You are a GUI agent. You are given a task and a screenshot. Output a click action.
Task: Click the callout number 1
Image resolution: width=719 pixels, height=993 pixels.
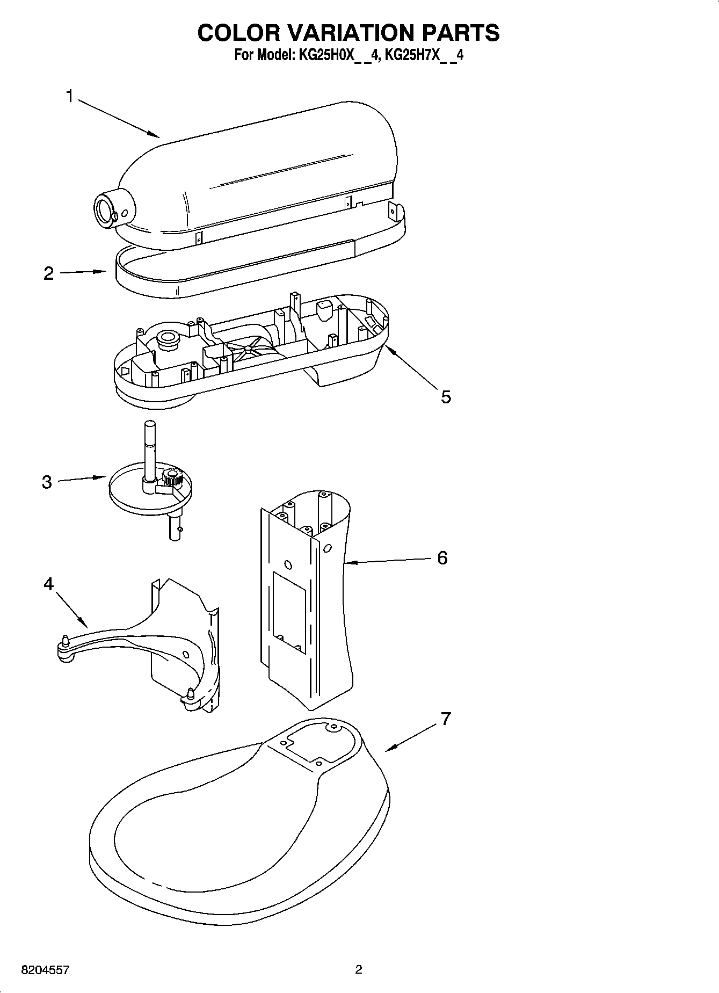tap(69, 97)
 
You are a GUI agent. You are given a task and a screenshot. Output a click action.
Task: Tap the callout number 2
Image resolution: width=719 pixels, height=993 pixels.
tap(49, 273)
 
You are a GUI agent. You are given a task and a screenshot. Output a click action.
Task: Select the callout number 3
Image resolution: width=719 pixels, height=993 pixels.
tap(47, 482)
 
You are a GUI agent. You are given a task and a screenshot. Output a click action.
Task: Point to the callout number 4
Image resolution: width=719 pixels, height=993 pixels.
tap(49, 583)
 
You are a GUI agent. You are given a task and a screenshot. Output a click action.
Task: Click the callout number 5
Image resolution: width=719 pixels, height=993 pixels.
tap(446, 397)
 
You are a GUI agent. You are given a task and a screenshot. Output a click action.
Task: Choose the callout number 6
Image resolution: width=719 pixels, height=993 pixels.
tap(442, 557)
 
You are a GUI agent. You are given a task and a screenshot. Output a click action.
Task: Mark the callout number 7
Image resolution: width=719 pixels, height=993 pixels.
tap(446, 719)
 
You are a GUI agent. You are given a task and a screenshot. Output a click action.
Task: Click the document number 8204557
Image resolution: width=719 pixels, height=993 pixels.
tap(45, 970)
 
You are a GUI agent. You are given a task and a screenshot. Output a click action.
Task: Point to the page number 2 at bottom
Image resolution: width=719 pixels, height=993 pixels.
tap(359, 969)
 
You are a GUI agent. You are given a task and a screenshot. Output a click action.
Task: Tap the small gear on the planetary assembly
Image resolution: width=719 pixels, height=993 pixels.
tap(172, 476)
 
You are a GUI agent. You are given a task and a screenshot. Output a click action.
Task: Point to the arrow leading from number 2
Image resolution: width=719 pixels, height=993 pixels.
tap(83, 272)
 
